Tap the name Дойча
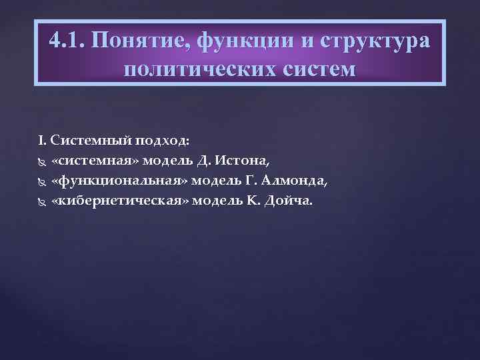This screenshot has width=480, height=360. click(287, 201)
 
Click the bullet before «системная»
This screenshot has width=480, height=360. click(42, 162)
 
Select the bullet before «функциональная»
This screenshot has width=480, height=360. click(42, 182)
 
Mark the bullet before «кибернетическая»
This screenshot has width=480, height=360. click(42, 202)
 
